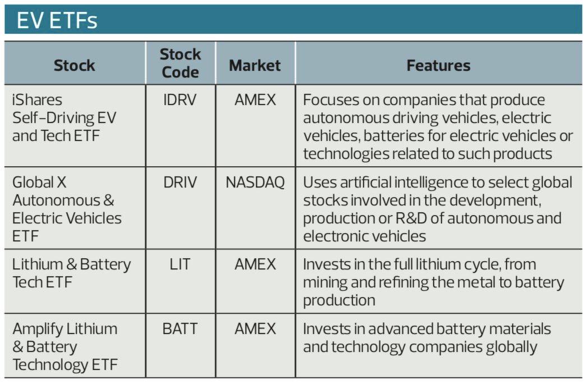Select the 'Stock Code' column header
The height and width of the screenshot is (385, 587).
click(180, 63)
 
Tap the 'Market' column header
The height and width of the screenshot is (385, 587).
click(255, 65)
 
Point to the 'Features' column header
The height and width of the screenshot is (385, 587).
click(438, 65)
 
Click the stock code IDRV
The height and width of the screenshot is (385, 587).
click(180, 100)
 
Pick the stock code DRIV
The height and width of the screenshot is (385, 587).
click(180, 182)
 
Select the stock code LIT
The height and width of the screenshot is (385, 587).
click(180, 264)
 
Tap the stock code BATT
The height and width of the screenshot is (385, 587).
click(180, 329)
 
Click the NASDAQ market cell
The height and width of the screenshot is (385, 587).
click(255, 182)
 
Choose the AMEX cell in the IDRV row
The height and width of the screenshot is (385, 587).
click(255, 100)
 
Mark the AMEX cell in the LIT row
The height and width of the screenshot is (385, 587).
click(255, 264)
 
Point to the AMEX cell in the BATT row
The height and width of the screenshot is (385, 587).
click(255, 329)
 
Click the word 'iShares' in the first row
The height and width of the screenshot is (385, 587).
click(37, 100)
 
